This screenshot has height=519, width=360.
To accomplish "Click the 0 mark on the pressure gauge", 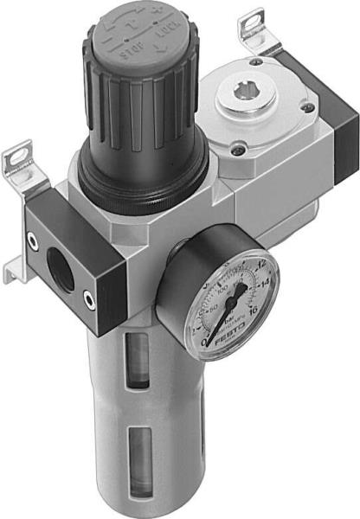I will click(x=203, y=342).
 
